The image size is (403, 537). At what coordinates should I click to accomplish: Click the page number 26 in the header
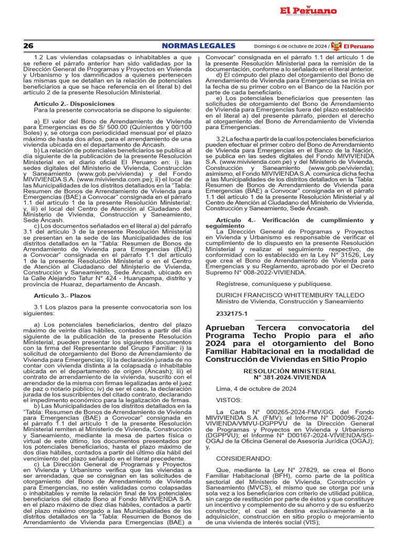pyautogui.click(x=28, y=46)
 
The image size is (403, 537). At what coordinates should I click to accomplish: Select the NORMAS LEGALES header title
pyautogui.click(x=198, y=46)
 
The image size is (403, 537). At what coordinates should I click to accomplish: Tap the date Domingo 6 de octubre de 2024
pyautogui.click(x=294, y=46)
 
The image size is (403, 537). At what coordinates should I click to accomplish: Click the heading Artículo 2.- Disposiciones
pyautogui.click(x=74, y=104)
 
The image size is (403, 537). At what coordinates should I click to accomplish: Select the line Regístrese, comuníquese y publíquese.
pyautogui.click(x=274, y=284)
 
